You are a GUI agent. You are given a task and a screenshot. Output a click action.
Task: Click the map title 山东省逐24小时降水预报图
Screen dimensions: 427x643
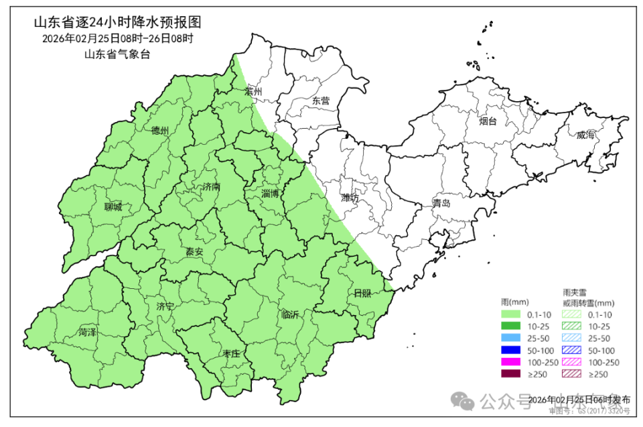117,23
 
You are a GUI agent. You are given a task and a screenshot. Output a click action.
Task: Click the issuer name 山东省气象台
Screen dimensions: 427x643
117,54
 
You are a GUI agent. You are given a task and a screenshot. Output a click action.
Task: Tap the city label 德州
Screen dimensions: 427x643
160,131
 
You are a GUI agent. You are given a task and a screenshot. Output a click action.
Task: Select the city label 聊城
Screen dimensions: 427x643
113,207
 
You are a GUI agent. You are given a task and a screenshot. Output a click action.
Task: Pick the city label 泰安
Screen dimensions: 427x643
194,252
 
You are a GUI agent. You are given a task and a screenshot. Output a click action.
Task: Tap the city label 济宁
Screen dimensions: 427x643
165,306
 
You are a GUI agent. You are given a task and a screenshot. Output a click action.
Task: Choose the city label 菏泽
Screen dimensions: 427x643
87,332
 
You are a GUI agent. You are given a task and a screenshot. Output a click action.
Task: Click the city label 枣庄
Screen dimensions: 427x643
230,353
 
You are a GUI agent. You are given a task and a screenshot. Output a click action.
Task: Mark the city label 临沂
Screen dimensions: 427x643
291,314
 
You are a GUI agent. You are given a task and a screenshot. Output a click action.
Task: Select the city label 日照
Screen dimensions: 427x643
362,293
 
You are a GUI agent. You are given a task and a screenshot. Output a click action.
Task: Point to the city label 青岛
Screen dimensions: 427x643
441,202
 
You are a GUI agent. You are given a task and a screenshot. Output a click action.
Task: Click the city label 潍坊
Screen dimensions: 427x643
350,198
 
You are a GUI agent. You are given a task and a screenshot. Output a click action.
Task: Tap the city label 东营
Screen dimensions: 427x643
321,101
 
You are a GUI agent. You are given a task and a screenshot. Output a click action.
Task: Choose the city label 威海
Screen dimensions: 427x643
585,135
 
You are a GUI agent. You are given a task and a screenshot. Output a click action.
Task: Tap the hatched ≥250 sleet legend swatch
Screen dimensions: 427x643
571,374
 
